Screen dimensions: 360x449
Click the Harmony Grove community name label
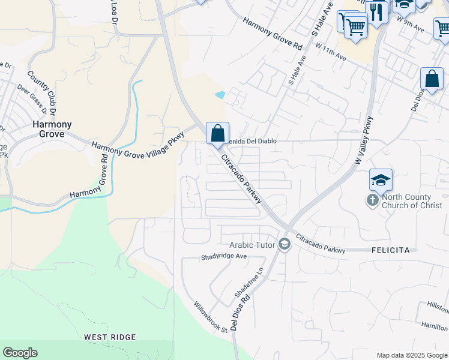click(x=52, y=129)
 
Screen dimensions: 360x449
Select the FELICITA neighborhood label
click(x=391, y=249)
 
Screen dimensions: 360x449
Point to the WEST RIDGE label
click(x=110, y=337)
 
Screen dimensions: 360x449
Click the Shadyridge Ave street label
click(x=223, y=257)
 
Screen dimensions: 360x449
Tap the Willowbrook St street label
click(x=211, y=316)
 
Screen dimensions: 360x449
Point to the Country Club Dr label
click(x=41, y=93)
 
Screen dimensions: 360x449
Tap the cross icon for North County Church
click(x=372, y=200)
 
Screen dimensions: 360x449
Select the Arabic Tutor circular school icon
click(x=284, y=244)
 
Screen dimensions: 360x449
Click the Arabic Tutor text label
click(x=252, y=245)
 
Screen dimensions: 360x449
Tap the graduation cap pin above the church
click(x=381, y=179)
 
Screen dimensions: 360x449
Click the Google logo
click(x=20, y=353)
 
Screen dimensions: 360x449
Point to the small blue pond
click(x=220, y=95)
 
